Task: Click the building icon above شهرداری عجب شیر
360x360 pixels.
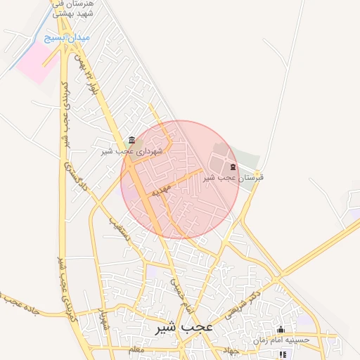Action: [x=132, y=139]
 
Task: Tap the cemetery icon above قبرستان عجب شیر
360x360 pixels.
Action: [x=233, y=167]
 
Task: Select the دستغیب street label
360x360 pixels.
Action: [x=119, y=226]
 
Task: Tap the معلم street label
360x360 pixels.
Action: [x=136, y=349]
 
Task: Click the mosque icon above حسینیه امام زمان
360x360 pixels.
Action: [x=281, y=329]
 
